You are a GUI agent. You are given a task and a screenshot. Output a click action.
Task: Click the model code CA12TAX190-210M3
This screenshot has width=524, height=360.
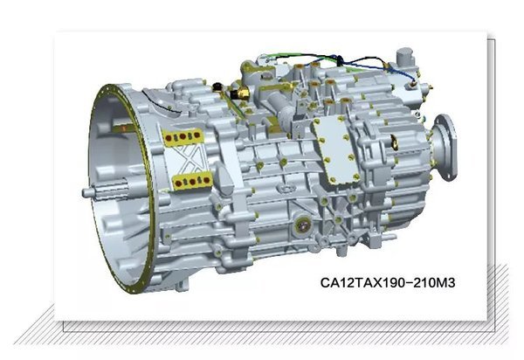click(388, 283)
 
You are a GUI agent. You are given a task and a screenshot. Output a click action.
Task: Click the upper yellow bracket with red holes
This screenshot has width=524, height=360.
click(183, 137)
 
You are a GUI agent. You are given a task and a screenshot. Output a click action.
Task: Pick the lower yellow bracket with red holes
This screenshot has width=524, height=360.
click(192, 182)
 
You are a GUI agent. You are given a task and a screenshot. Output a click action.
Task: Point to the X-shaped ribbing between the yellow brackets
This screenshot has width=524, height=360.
click(188, 159)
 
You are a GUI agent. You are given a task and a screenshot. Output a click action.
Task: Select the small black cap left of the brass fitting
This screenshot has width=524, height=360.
click(217, 87)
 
